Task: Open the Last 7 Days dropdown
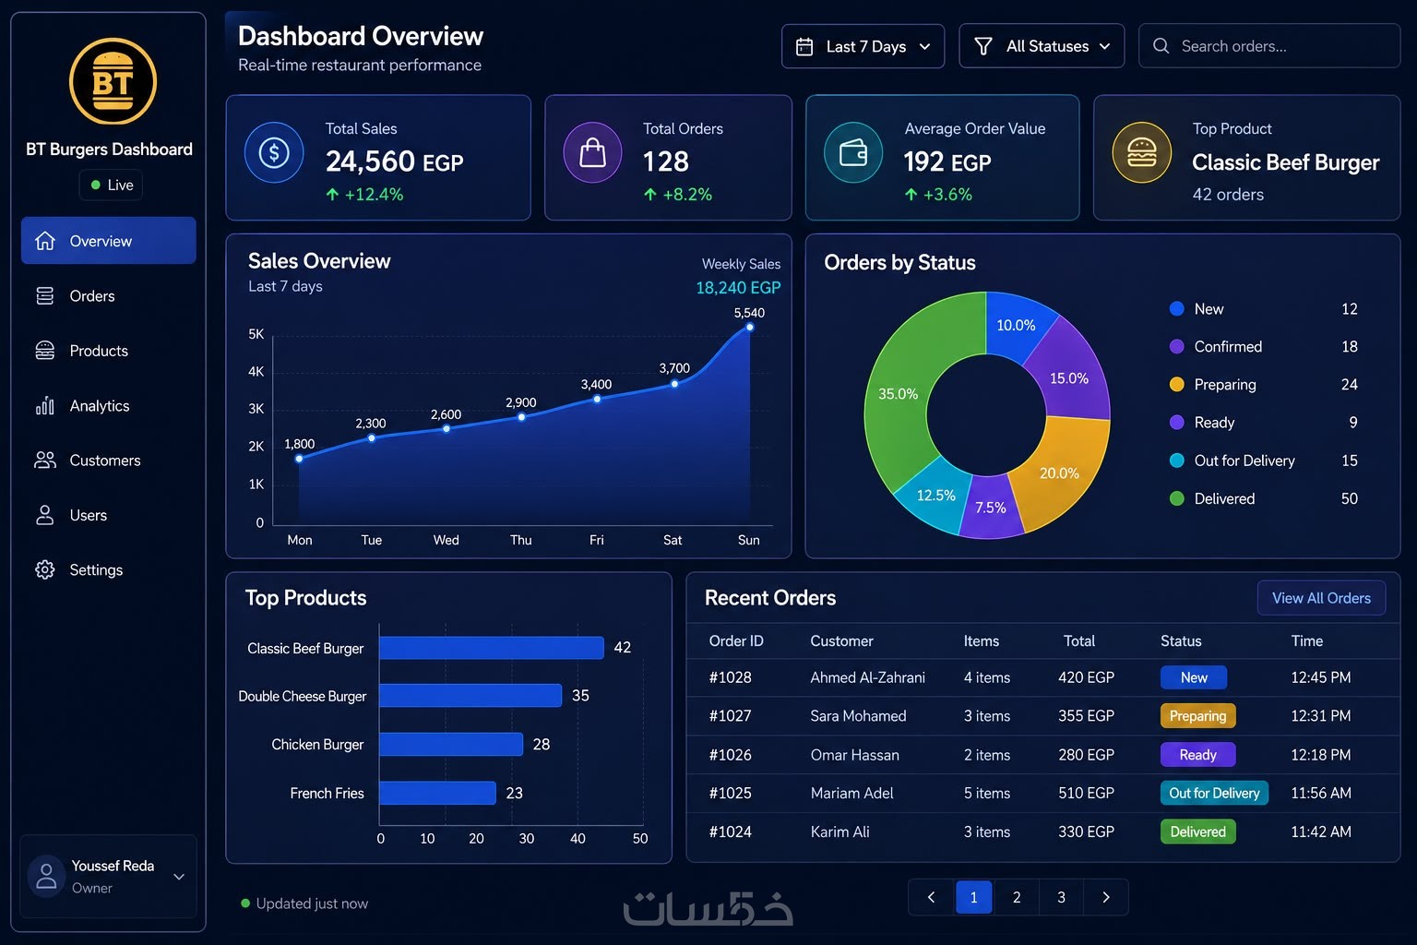[x=863, y=46]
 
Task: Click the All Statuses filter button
[x=1042, y=46]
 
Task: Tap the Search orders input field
[x=1269, y=46]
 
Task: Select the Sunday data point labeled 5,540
[x=750, y=328]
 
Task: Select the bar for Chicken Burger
[x=451, y=745]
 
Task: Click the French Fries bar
[x=438, y=793]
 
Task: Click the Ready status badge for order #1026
[x=1197, y=755]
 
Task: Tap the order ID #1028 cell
[x=730, y=677]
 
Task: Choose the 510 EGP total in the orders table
[x=1086, y=793]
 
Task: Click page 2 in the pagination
[x=1017, y=897]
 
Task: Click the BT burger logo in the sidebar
[x=113, y=81]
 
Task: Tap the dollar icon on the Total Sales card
[x=274, y=152]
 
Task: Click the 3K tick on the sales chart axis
[x=256, y=409]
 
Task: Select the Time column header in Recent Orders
[x=1306, y=640]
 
